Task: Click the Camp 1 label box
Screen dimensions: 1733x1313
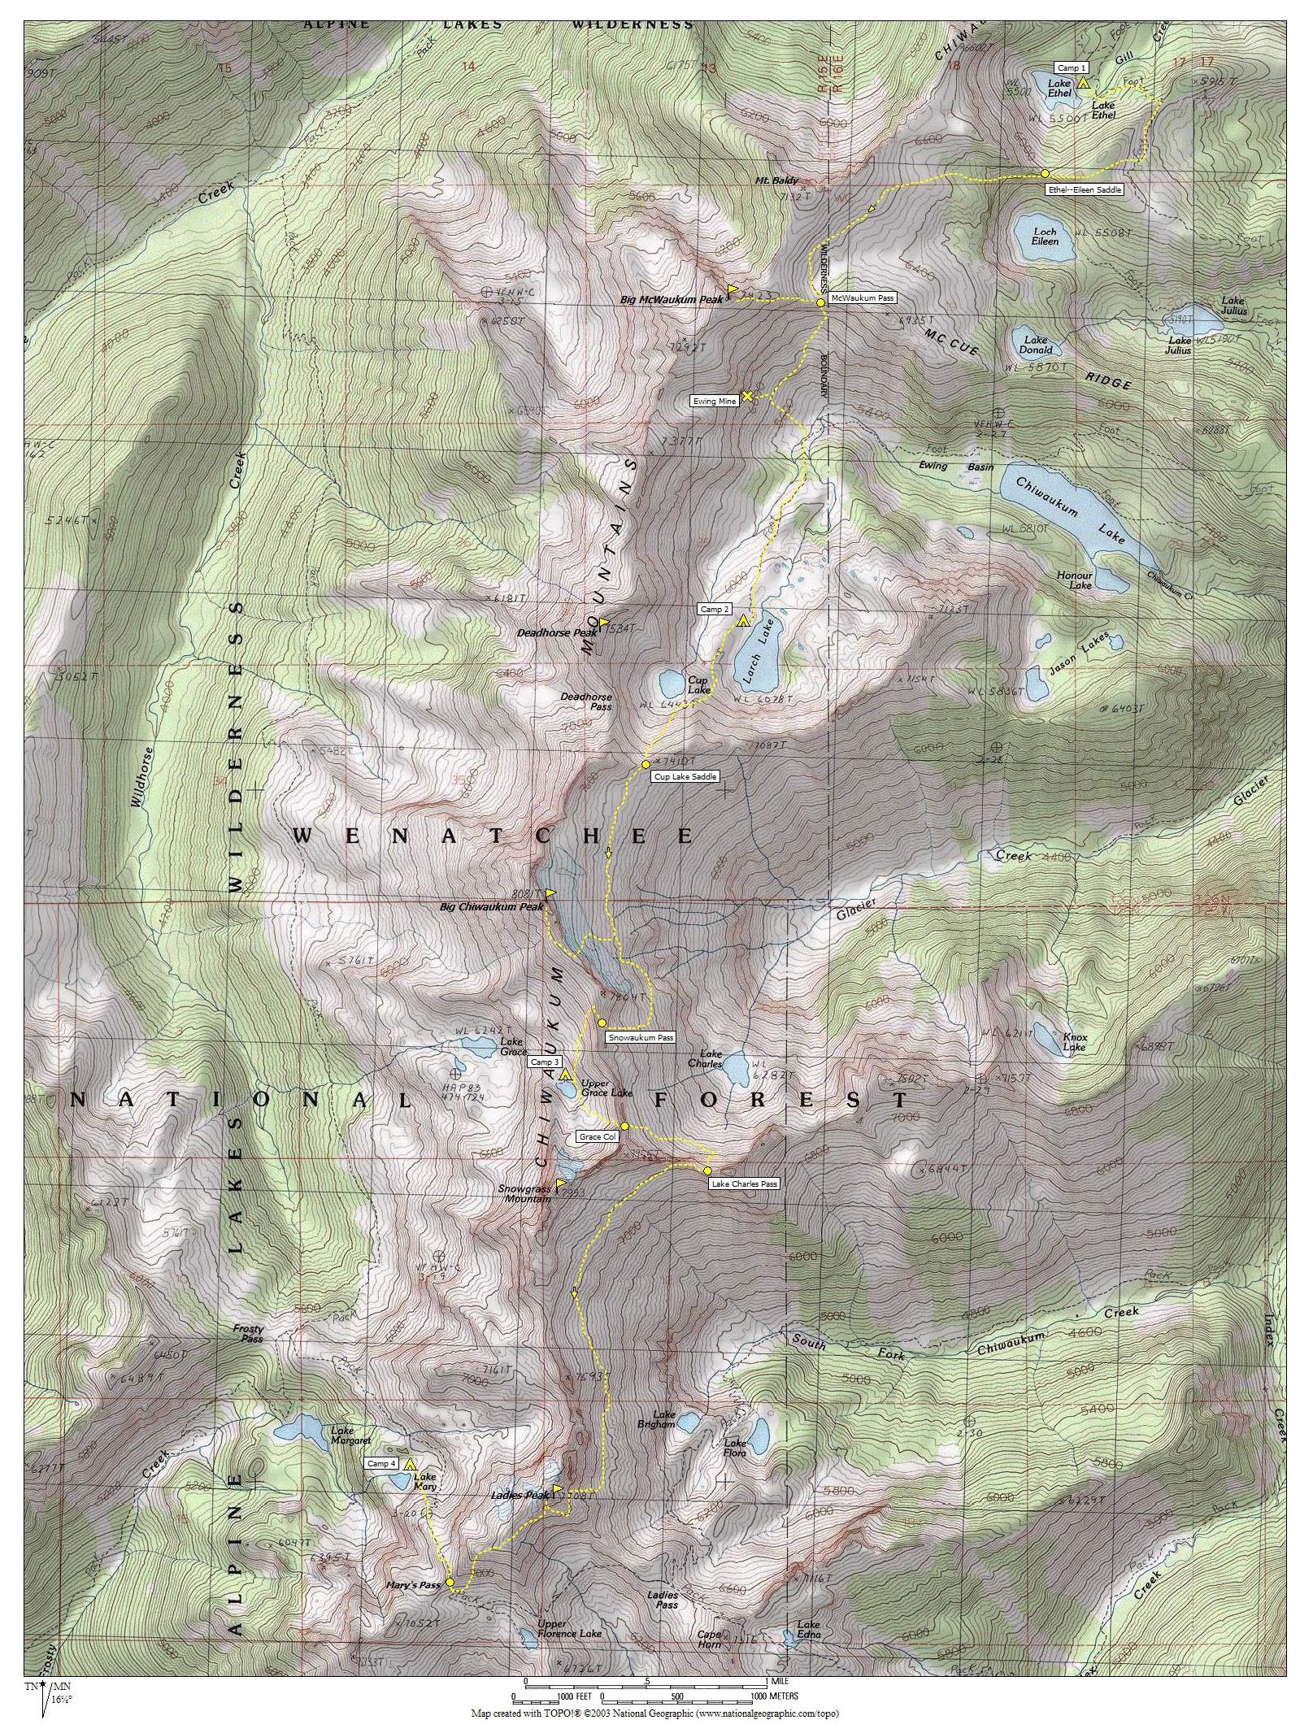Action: pyautogui.click(x=1072, y=67)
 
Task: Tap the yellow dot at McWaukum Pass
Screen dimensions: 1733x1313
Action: pyautogui.click(x=821, y=302)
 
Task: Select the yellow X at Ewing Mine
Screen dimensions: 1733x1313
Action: pyautogui.click(x=747, y=396)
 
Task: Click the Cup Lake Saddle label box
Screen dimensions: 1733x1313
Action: pyautogui.click(x=685, y=777)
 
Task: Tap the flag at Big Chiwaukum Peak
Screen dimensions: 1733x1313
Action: pyautogui.click(x=550, y=893)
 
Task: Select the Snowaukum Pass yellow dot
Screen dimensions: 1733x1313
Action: pyautogui.click(x=602, y=1023)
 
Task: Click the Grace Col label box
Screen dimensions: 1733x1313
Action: pyautogui.click(x=597, y=1136)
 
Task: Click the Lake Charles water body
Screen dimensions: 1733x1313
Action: pyautogui.click(x=737, y=1067)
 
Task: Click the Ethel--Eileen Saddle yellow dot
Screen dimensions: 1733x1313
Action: pyautogui.click(x=1045, y=173)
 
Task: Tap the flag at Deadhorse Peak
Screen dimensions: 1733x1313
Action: pyautogui.click(x=604, y=622)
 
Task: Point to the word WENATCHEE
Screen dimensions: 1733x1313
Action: pyautogui.click(x=492, y=836)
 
